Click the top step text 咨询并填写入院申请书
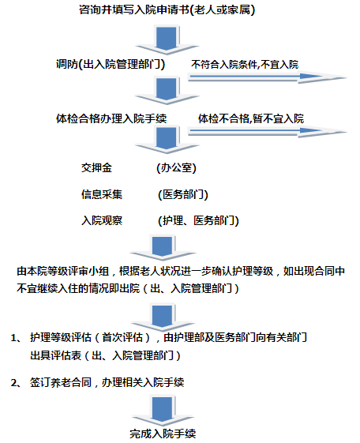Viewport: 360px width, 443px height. [x=134, y=10]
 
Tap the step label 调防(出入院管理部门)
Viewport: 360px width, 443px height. [x=111, y=65]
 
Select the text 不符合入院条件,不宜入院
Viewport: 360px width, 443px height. [x=245, y=65]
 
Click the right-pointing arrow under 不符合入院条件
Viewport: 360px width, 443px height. [x=267, y=77]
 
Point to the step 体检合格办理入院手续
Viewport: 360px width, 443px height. [x=111, y=118]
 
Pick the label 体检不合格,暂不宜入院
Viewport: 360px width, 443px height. [x=251, y=118]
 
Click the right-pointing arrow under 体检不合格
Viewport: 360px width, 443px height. [x=267, y=131]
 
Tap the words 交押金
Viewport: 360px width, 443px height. [x=96, y=168]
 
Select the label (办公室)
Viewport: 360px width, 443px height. [x=176, y=168]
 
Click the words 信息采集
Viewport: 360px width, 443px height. [x=102, y=194]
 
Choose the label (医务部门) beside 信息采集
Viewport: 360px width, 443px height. [x=183, y=195]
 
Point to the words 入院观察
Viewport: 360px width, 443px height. [x=102, y=220]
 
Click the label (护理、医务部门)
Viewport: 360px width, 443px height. [x=198, y=220]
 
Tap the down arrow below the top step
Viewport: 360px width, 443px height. [x=167, y=39]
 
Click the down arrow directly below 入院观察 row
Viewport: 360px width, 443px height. [x=163, y=247]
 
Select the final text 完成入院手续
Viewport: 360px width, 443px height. [x=163, y=434]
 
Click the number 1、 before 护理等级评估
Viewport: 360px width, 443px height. [x=16, y=338]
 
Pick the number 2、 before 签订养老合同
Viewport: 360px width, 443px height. [x=16, y=383]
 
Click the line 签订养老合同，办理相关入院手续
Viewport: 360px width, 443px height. [x=107, y=382]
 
